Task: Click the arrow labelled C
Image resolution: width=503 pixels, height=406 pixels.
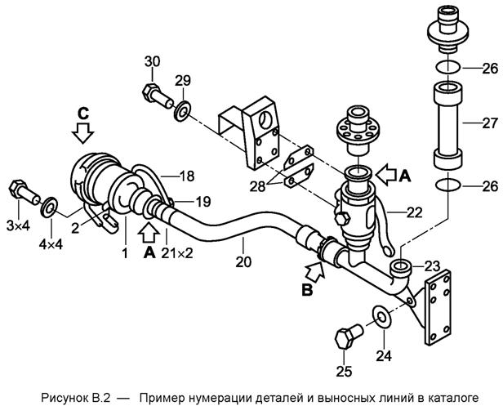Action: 82,132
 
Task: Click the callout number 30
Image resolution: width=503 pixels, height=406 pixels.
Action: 152,61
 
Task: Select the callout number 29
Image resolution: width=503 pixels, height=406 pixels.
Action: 183,80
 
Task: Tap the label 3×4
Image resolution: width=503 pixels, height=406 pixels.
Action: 18,226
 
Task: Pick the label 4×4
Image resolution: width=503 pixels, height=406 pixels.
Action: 51,245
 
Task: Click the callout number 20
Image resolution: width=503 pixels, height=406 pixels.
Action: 243,262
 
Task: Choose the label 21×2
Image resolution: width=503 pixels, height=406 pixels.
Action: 177,253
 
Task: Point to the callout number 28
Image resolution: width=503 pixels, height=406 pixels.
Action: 257,186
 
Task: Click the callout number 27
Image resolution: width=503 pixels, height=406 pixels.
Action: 490,123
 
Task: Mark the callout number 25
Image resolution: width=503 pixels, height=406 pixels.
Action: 344,371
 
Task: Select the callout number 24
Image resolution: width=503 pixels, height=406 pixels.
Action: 384,355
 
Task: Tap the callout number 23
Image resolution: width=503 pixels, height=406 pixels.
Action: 432,266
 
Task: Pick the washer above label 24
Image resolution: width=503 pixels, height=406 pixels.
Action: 381,317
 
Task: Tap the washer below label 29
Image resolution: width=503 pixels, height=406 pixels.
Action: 183,111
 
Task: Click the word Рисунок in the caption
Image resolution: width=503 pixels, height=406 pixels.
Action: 60,398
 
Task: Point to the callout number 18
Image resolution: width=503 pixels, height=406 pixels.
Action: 187,176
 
